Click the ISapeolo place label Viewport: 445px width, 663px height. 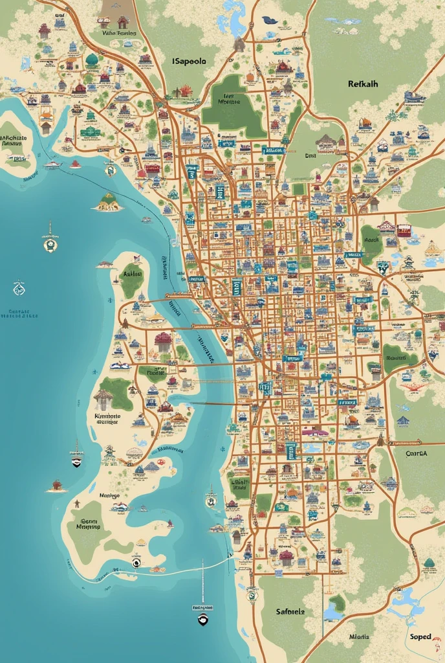coord(189,61)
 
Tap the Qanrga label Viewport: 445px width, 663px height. coord(416,454)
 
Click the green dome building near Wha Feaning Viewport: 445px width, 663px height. coord(92,60)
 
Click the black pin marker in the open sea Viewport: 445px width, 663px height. coord(202,620)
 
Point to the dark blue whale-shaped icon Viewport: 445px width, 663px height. coord(270,20)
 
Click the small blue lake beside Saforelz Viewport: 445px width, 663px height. coord(334,612)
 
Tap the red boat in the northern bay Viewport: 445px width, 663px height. coord(76,164)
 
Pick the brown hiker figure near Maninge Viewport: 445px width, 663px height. coord(77,503)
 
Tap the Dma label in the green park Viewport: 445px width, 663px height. coord(310,155)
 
